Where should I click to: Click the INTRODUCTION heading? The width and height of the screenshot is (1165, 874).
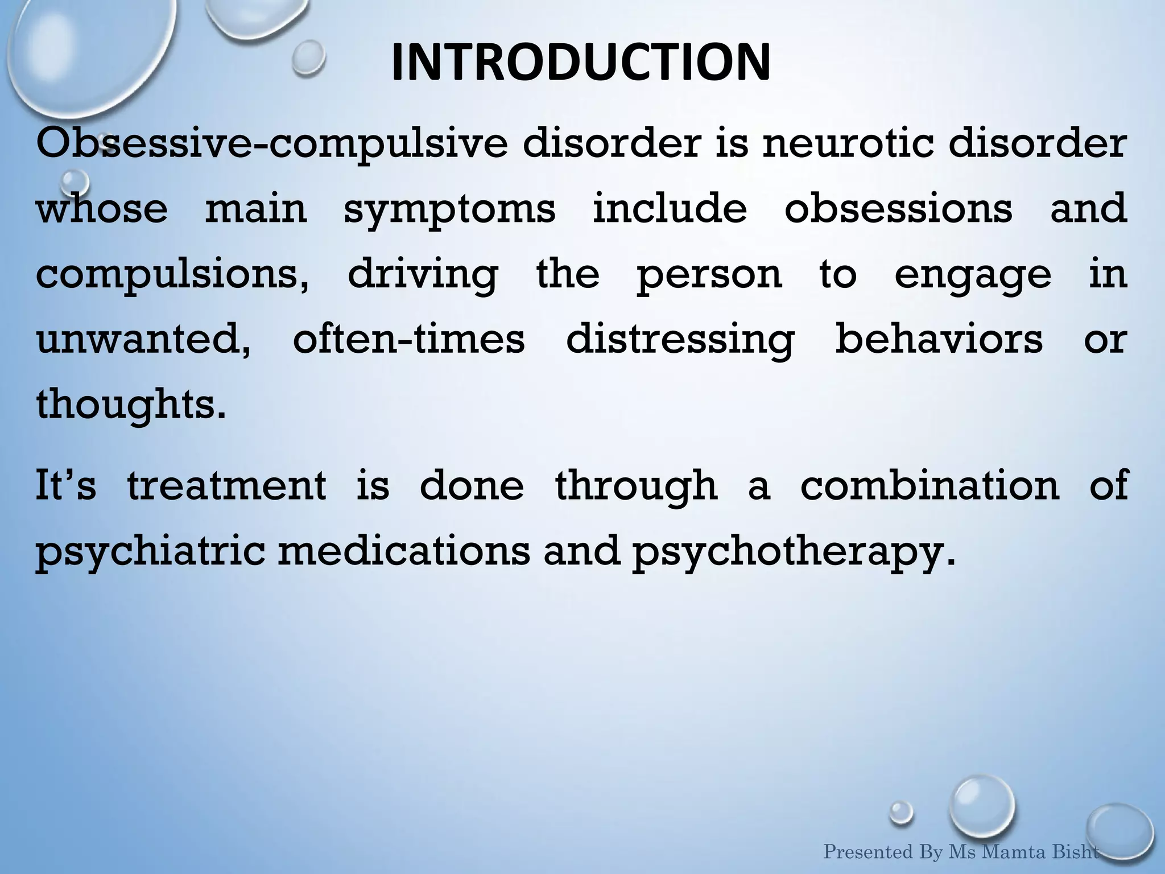click(x=581, y=62)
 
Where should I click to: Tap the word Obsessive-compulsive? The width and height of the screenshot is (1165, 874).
click(x=271, y=143)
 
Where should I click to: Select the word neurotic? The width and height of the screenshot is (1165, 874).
click(x=848, y=143)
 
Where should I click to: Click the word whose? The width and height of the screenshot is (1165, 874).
click(x=102, y=208)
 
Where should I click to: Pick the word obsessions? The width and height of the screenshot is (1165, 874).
click(x=899, y=208)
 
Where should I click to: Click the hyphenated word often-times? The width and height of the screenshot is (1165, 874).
click(x=408, y=339)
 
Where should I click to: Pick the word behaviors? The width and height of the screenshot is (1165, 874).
click(x=939, y=339)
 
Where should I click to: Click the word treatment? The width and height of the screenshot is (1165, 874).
click(x=226, y=486)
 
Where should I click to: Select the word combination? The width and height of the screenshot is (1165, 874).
click(x=930, y=486)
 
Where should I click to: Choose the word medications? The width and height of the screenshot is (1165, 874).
click(x=404, y=551)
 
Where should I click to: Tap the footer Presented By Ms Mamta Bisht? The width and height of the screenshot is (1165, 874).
click(x=961, y=852)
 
